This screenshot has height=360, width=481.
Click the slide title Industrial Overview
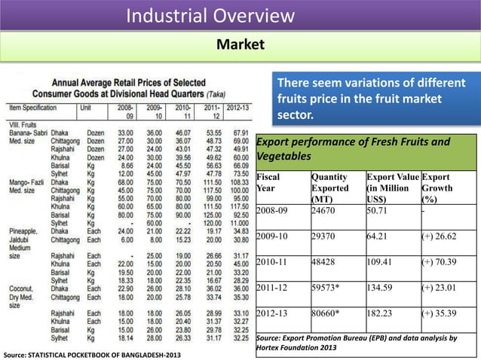[210, 15]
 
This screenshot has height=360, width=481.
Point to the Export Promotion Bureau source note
[357, 343]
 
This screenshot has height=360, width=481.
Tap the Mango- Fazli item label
[26, 183]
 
